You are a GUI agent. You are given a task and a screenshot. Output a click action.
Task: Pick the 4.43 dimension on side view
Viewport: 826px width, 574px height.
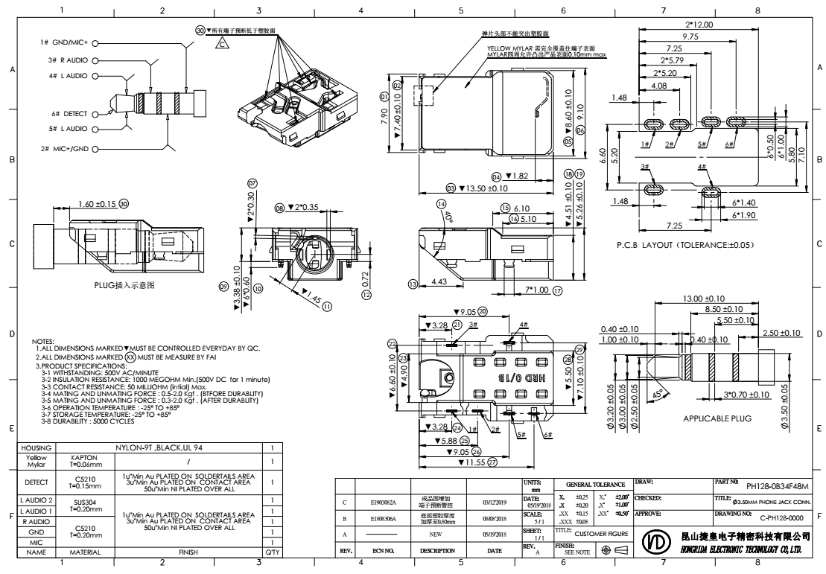(442, 281)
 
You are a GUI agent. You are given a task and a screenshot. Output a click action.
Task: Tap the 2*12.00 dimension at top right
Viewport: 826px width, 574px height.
(699, 25)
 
